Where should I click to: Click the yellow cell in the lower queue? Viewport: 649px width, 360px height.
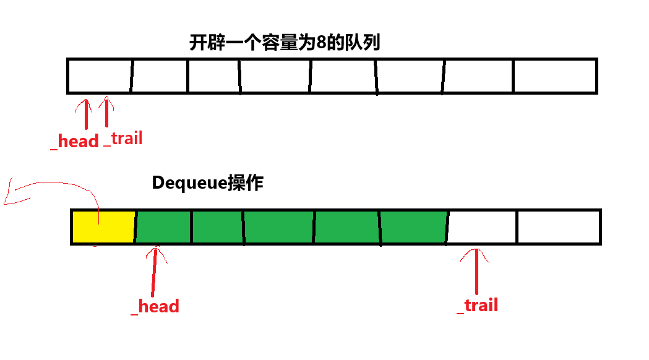103,226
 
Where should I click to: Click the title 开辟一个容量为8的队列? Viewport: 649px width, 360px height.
284,44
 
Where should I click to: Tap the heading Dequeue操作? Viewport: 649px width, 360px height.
207,183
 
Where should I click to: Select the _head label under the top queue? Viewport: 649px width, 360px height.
75,141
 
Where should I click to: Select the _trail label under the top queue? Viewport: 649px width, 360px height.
123,138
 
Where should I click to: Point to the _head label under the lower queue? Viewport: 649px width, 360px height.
155,306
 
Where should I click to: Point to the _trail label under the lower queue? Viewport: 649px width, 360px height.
478,305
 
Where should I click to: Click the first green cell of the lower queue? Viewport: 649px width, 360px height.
163,226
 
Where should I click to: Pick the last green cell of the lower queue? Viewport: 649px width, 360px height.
413,226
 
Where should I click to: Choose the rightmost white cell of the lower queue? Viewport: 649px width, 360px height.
558,226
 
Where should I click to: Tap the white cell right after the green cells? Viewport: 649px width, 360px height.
482,226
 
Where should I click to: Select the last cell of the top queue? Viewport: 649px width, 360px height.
554,75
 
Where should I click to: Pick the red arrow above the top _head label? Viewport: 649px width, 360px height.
85,114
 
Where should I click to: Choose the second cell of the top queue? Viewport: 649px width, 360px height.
159,75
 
